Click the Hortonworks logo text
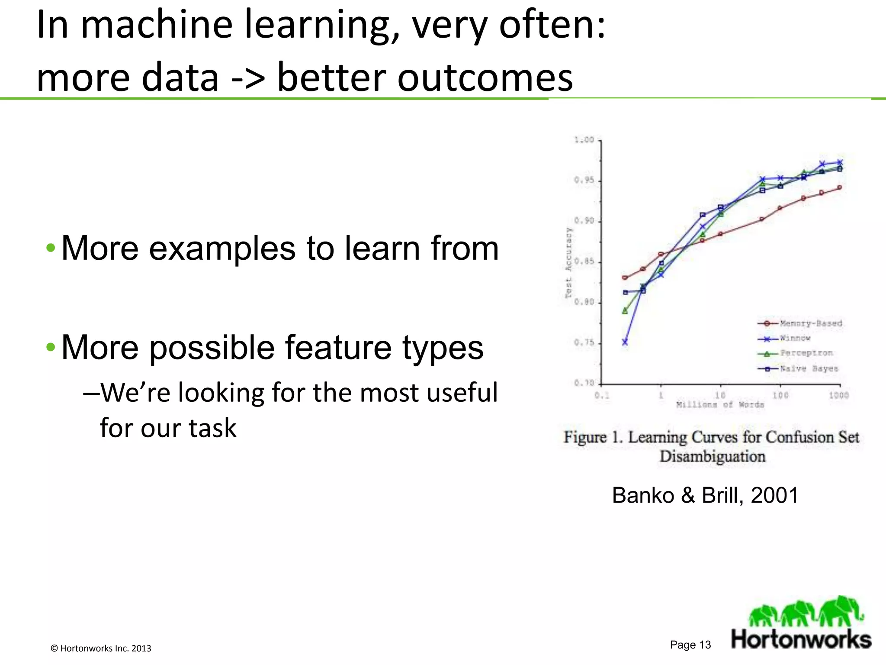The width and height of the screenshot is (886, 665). click(x=801, y=639)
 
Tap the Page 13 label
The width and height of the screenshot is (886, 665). click(x=690, y=645)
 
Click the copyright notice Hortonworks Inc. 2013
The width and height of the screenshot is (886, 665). click(x=101, y=648)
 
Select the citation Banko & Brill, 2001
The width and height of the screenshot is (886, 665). click(x=705, y=495)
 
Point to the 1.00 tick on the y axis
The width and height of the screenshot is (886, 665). click(x=584, y=140)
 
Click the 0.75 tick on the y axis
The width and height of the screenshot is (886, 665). click(x=584, y=343)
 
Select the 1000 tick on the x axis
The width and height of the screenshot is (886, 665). click(x=838, y=395)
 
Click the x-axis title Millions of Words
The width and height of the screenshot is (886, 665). click(x=720, y=405)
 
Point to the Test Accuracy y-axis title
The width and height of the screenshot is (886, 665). click(x=569, y=263)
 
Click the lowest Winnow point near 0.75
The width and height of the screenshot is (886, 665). click(x=625, y=342)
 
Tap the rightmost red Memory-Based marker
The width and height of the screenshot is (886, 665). click(x=840, y=187)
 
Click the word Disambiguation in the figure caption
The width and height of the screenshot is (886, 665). click(x=713, y=457)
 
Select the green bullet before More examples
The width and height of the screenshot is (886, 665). click(x=51, y=249)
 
